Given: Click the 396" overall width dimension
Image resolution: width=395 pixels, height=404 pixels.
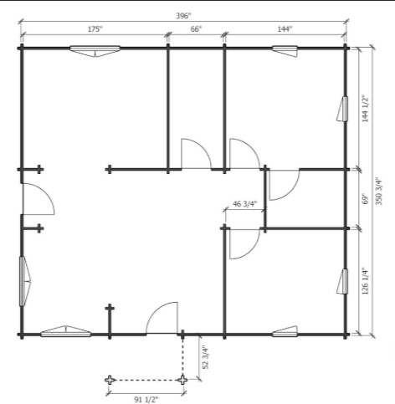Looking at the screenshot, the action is coord(183,16).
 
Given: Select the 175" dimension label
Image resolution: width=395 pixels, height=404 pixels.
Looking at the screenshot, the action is coord(95,29).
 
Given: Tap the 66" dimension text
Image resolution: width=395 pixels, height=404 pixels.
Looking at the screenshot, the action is coord(196,29).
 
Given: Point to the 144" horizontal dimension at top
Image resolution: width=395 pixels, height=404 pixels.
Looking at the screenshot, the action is coord(285,29).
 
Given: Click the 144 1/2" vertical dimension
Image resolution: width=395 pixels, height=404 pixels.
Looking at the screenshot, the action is coord(365,109).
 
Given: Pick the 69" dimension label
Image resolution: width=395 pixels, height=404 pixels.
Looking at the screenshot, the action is coord(365,199).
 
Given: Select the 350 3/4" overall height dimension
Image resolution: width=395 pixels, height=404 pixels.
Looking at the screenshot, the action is coord(379,191).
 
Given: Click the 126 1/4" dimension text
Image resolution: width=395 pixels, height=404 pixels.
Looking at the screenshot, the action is coord(365,281).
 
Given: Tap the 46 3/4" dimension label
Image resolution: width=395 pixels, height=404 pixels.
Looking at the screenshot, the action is coord(244,204).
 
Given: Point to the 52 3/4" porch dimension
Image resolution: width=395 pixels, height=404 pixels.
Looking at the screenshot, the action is coord(205,357).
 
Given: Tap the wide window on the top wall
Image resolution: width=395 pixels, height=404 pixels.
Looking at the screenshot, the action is coord(95,50).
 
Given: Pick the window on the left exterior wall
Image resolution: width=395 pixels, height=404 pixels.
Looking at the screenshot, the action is coord(24,281).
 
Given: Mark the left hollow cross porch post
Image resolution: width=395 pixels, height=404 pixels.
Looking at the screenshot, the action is coord(110,380).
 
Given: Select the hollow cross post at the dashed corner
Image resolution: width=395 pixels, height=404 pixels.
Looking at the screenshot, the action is coord(182,380).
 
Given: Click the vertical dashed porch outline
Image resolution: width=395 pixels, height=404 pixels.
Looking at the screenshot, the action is coord(182,357).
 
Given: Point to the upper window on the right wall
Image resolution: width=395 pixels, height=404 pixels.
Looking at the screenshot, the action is coord(343,109).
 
